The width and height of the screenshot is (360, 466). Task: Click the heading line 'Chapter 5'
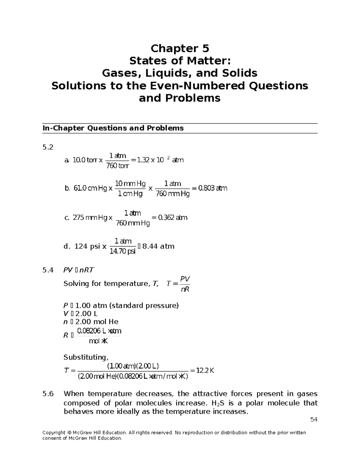(180, 48)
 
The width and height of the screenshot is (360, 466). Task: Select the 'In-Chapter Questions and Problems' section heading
(113, 128)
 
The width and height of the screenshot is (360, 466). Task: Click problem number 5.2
(48, 147)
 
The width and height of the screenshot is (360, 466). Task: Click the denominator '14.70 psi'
(123, 251)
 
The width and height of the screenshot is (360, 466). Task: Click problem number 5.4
(48, 270)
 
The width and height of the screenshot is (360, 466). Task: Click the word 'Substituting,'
(86, 357)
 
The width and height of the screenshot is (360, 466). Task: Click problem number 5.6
(48, 394)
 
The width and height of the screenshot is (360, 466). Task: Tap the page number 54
(314, 419)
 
